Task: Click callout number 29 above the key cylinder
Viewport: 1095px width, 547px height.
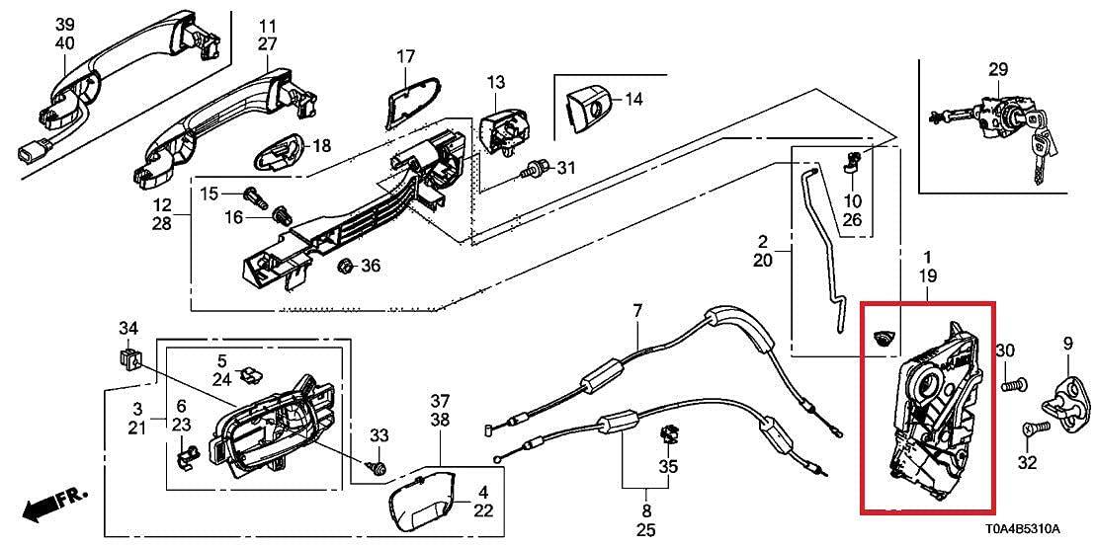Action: coord(998,70)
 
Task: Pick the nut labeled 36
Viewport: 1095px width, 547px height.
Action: coord(346,266)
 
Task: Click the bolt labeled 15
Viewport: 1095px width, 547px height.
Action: coord(256,197)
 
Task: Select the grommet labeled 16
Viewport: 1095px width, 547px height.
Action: coord(281,213)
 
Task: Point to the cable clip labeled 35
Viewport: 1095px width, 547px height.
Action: coord(668,434)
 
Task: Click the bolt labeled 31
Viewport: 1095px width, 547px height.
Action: coord(538,168)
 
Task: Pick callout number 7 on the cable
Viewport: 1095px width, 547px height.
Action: coord(636,308)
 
